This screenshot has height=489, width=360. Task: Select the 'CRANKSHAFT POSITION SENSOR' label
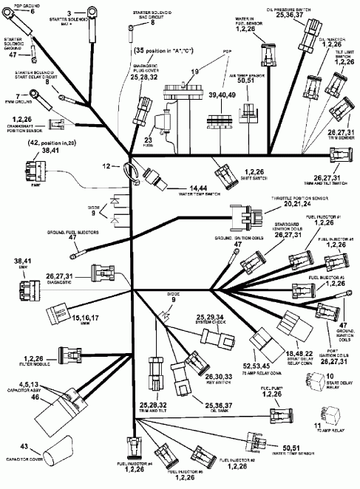pos(24,128)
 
